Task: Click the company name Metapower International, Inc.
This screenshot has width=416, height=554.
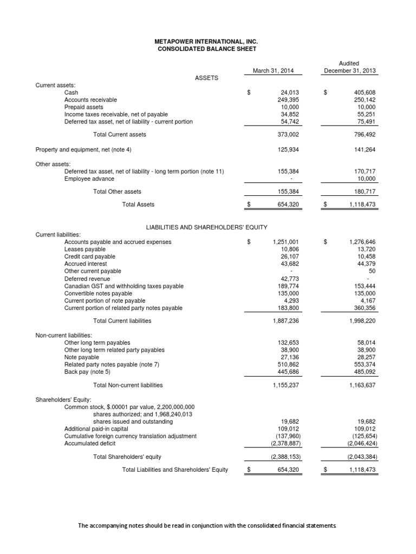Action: click(x=207, y=41)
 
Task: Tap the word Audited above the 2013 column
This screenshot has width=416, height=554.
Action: click(x=350, y=63)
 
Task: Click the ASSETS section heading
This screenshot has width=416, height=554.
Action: click(x=206, y=78)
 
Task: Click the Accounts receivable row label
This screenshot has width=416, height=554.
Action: click(x=90, y=100)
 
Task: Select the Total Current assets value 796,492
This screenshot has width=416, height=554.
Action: click(x=363, y=134)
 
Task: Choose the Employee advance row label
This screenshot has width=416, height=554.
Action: click(x=89, y=179)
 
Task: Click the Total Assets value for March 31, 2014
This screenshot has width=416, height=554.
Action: click(x=287, y=205)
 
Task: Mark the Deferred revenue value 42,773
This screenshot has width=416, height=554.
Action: click(x=288, y=279)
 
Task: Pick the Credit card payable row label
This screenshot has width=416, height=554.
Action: click(x=90, y=256)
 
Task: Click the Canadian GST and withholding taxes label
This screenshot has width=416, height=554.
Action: click(x=123, y=286)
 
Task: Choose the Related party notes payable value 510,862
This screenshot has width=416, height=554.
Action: click(x=288, y=365)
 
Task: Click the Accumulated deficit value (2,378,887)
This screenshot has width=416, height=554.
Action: click(x=285, y=444)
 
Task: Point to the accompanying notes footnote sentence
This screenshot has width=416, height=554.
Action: click(x=207, y=525)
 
